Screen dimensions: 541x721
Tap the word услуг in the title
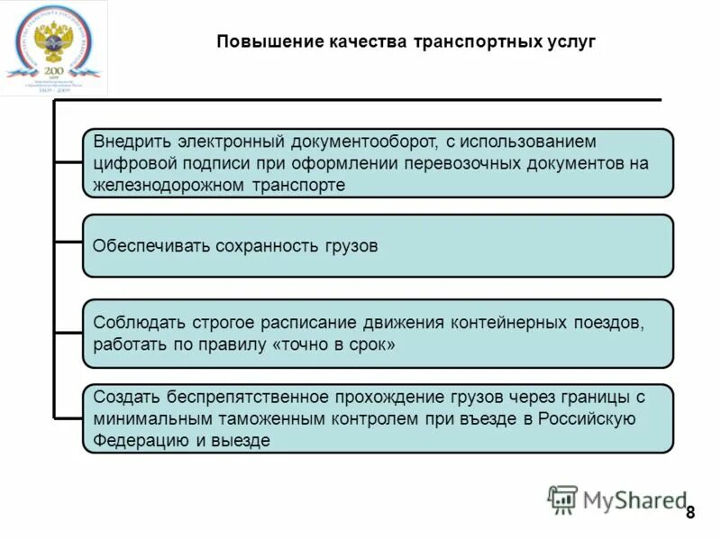click(570, 42)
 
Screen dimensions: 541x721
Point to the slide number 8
click(690, 513)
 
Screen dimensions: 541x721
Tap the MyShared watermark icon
click(562, 500)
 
